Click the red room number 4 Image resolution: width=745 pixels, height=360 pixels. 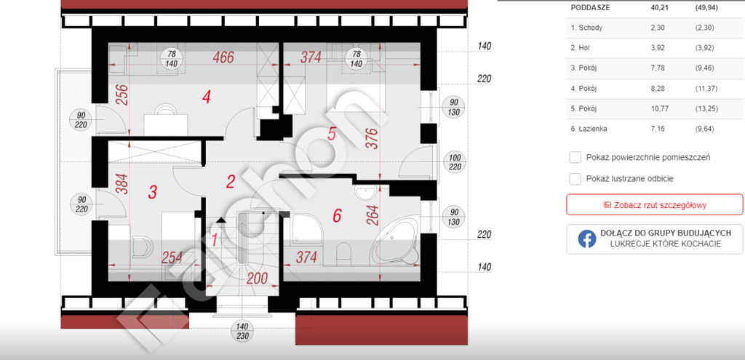(x=206, y=97)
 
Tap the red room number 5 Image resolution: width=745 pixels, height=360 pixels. (x=332, y=134)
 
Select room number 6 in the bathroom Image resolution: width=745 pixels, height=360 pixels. (x=337, y=215)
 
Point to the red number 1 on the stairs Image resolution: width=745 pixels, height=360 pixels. (x=215, y=240)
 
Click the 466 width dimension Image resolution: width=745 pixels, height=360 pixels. (x=223, y=57)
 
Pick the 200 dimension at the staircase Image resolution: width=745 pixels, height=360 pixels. (x=257, y=279)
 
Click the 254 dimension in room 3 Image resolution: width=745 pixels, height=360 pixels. (x=172, y=257)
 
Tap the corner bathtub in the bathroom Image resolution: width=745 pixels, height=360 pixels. (x=395, y=241)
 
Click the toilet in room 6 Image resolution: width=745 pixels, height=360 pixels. (x=343, y=252)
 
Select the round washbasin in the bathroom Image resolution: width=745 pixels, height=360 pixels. (x=365, y=192)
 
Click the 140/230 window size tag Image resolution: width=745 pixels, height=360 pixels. (x=243, y=332)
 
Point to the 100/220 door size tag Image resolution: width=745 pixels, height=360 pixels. (x=455, y=161)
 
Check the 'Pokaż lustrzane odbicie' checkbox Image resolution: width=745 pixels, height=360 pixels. (x=575, y=179)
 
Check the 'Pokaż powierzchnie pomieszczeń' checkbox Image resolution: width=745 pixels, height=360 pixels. (x=575, y=157)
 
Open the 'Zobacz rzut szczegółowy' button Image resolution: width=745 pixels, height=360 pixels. (x=654, y=204)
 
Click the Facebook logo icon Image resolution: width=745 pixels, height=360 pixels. (x=587, y=239)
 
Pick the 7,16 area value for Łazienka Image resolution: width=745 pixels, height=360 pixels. (x=657, y=129)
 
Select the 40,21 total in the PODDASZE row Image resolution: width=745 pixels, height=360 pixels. (x=658, y=7)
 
